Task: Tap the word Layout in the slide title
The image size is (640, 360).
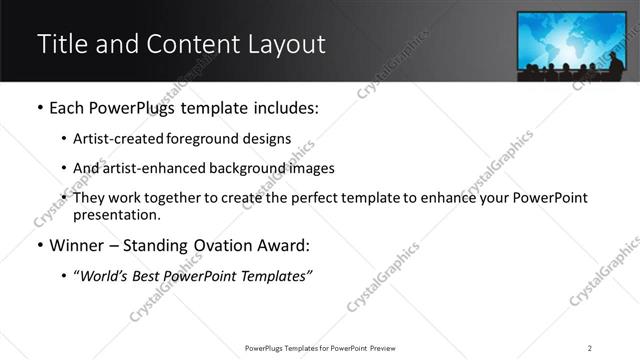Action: click(283, 44)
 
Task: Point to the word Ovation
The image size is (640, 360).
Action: click(225, 245)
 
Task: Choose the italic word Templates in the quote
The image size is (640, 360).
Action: click(273, 276)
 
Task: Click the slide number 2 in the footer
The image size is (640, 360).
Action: click(590, 347)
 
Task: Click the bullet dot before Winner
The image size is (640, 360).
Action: click(39, 246)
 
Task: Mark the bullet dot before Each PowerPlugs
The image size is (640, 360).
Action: click(39, 108)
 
